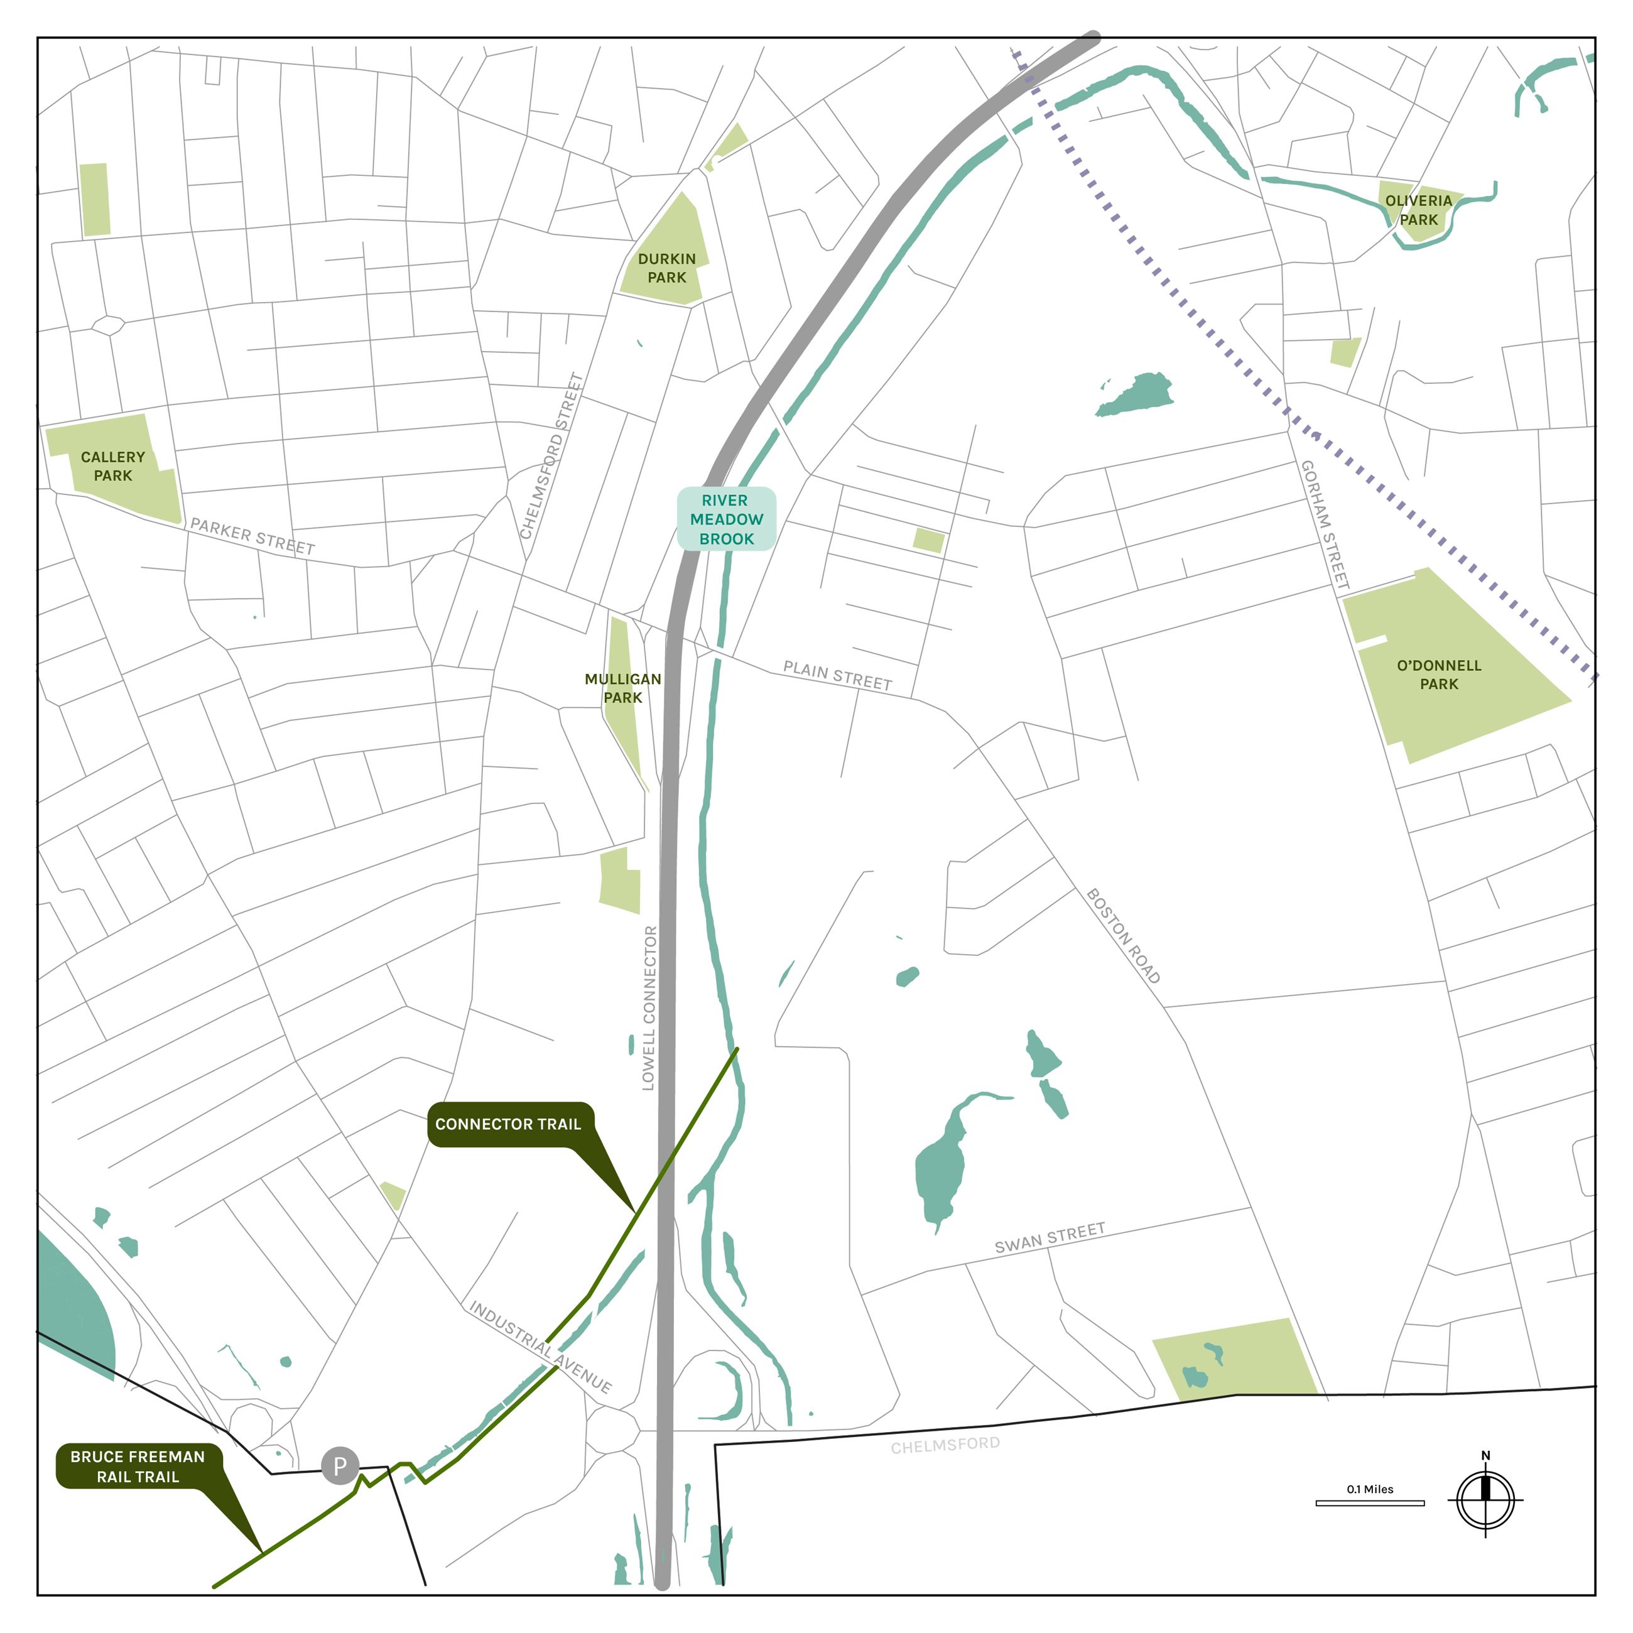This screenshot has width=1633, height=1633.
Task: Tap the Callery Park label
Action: (x=112, y=466)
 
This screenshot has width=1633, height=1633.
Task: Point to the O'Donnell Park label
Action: (x=1438, y=675)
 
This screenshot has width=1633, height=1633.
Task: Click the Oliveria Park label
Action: (x=1418, y=210)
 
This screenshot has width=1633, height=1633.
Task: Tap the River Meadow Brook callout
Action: (x=726, y=519)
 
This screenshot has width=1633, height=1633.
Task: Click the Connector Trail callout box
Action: (x=509, y=1124)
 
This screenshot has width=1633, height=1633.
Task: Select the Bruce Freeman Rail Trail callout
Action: (x=138, y=1467)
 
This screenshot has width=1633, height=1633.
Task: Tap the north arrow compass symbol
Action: (x=1485, y=1500)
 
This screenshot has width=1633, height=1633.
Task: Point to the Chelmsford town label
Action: (x=945, y=1445)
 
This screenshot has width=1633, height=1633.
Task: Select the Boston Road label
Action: (x=1122, y=936)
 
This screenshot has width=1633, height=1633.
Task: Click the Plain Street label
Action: (x=837, y=675)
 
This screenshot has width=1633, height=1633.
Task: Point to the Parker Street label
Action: (x=252, y=536)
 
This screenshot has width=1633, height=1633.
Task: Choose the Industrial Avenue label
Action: (x=540, y=1347)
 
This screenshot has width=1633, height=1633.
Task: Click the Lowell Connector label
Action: (x=649, y=1007)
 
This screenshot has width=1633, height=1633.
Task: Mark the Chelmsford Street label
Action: (x=551, y=457)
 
